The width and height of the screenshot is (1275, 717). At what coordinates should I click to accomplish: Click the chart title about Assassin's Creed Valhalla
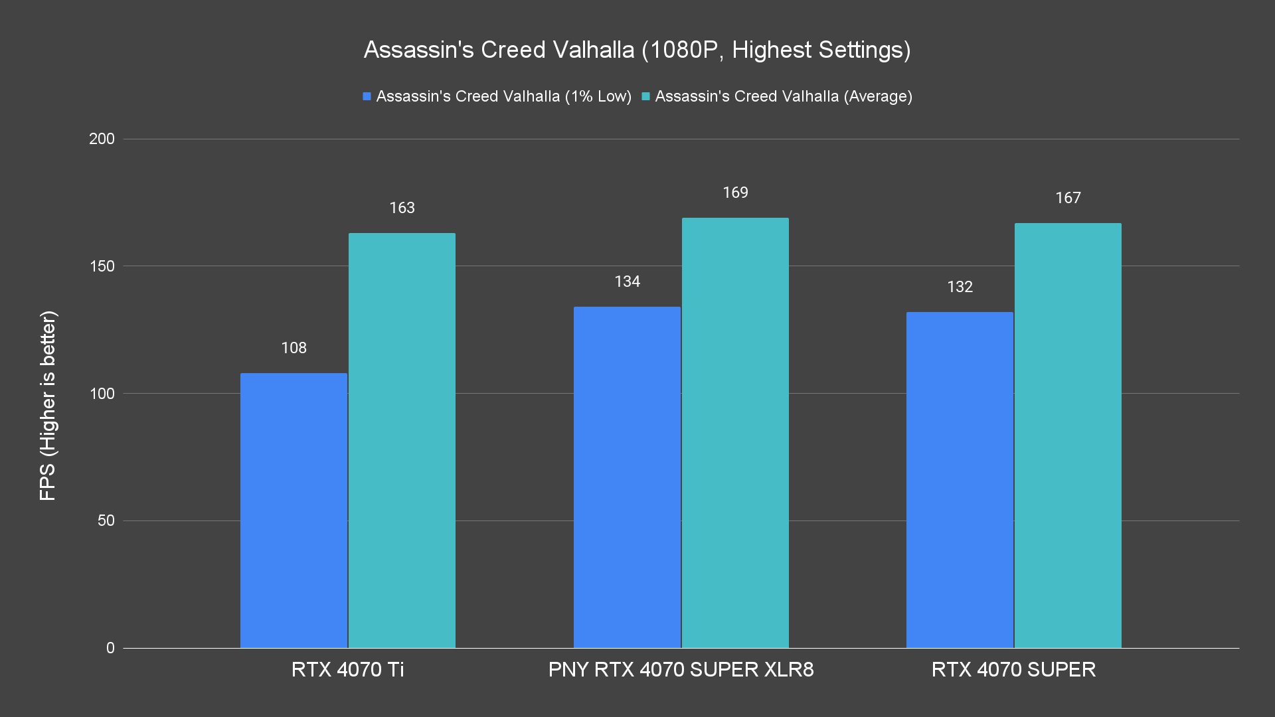pos(637,50)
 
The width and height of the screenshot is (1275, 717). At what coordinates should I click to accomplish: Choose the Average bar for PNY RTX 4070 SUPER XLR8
pos(735,432)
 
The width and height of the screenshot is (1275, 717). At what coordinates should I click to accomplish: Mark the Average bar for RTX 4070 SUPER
pos(1068,435)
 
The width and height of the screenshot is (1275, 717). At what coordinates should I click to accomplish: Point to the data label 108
pos(294,348)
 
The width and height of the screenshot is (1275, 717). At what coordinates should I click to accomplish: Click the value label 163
pos(402,208)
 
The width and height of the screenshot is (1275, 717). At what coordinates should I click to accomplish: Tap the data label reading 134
pos(627,281)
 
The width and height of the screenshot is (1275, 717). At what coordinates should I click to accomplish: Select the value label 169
pos(735,193)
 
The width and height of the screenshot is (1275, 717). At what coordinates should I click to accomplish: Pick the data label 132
pos(960,287)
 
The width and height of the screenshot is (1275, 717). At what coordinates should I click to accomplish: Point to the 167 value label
pos(1068,198)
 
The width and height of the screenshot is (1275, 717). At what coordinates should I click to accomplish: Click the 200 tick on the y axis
pos(102,139)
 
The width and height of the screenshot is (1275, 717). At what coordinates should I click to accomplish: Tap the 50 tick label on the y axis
pos(106,520)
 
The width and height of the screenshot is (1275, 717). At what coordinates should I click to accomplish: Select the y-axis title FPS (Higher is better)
pos(48,405)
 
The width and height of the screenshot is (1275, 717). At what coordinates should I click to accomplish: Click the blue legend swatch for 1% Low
pos(367,97)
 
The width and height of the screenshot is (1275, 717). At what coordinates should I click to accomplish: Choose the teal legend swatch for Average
pos(645,97)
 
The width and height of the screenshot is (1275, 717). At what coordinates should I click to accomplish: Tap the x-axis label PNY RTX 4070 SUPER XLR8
pos(681,669)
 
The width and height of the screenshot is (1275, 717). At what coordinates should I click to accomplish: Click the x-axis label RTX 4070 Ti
pos(347,669)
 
